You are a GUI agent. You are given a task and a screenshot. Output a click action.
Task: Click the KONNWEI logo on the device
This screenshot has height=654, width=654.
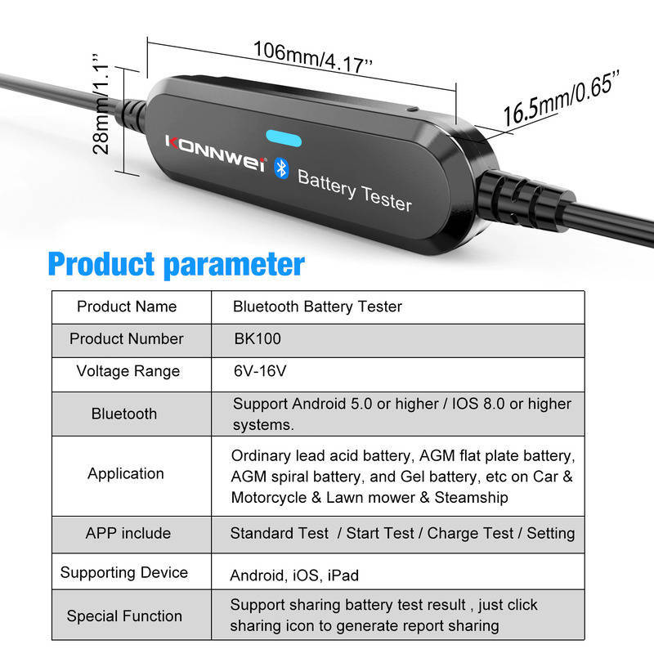pos(215,153)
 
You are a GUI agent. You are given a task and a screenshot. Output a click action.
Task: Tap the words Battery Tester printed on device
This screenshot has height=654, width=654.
pos(354,188)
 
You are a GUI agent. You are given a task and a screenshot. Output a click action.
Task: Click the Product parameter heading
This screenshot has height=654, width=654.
pos(176,264)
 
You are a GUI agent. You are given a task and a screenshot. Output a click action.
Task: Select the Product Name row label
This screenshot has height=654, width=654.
pos(127,307)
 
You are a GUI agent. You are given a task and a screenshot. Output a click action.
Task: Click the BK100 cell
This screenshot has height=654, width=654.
pos(258,338)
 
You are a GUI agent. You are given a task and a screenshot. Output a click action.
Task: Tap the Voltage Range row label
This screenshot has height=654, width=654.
pos(127,371)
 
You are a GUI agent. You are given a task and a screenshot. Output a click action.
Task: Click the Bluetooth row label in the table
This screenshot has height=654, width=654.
pos(124,414)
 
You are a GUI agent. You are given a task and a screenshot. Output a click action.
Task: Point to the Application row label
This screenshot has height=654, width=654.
pos(126,473)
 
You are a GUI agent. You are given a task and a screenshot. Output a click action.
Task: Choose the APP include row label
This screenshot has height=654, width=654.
pos(128,533)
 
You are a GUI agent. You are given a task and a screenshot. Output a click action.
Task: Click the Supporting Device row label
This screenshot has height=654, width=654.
pos(124,573)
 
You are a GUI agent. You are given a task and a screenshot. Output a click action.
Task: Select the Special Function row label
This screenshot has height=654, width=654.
pos(124,616)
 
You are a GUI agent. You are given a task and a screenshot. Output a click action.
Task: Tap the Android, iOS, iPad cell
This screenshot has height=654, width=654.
pos(294,576)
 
